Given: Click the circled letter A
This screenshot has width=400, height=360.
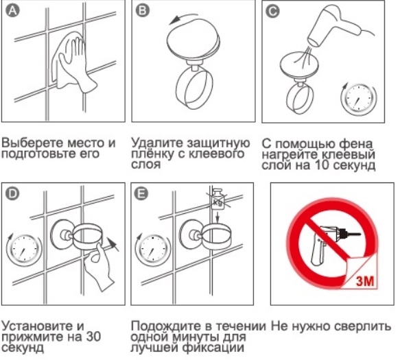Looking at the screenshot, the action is (13, 11).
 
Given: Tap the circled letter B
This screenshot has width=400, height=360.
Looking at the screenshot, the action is (142, 11).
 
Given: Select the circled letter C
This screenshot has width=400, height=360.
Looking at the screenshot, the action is (272, 12).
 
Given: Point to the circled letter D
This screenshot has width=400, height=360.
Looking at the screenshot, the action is (12, 194).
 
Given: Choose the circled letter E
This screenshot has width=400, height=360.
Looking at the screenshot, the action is (141, 194).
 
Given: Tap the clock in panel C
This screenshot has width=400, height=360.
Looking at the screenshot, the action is (359, 99).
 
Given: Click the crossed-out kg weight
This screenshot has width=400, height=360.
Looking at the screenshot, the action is (218, 200).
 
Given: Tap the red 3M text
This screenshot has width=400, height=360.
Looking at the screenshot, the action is (365, 281).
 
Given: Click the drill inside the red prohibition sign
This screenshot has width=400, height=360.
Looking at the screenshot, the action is (331, 243).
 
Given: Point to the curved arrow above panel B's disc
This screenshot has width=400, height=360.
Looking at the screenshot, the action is (183, 19).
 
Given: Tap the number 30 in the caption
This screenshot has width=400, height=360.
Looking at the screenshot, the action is (93, 337).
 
